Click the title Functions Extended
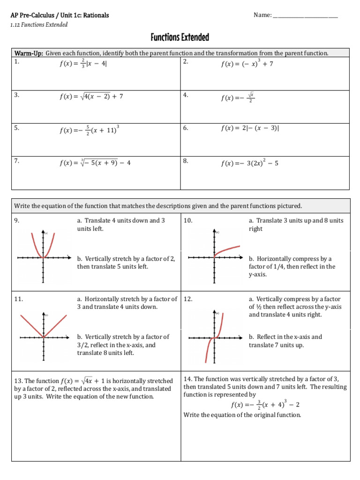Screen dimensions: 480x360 (180, 37)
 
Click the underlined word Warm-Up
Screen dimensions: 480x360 (29, 53)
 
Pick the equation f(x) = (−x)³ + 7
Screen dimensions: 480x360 (247, 63)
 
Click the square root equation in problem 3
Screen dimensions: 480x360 (91, 96)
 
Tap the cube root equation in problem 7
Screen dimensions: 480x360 (95, 163)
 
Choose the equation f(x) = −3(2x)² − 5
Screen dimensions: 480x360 (250, 163)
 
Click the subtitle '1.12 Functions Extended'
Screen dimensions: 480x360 (39, 24)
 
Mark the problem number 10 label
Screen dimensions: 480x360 (188, 220)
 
